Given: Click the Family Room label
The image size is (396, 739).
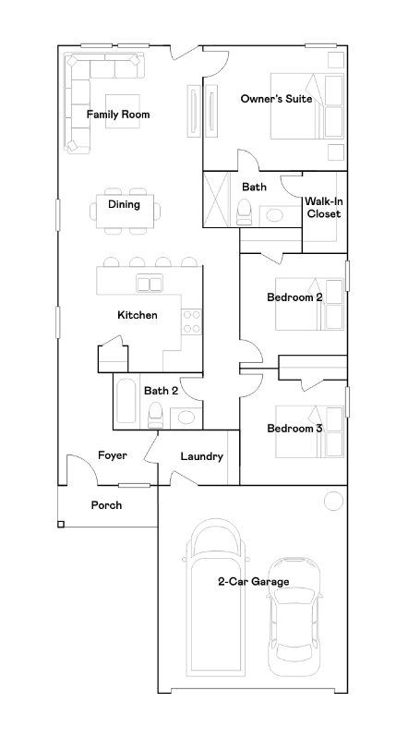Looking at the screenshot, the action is point(118,115).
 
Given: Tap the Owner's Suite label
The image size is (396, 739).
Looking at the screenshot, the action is point(276,99).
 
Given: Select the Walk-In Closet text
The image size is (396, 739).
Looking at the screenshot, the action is point(324,207).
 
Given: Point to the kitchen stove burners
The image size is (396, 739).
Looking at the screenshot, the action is point(192,321).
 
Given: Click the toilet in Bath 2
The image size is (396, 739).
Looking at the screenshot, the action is point(154,417).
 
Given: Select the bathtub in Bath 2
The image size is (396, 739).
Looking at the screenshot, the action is point(126,401).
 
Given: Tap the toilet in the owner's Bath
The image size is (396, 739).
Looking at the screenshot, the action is point(245,212).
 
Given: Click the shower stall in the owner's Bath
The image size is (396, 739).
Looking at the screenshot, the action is point(217,200).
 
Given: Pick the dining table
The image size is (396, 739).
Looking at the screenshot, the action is point(125,212).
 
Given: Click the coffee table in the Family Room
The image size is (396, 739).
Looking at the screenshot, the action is point(123,111).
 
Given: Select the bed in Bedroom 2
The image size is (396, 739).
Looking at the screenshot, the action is point(309,304).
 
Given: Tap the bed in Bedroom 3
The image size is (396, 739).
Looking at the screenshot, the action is point(309,431).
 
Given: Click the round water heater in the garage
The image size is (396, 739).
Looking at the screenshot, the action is point(333,501).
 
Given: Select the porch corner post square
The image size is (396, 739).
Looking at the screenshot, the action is point(61,524).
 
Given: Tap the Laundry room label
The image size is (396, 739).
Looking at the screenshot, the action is point(201,456).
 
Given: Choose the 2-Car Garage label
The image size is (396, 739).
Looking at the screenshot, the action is point(253,582).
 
